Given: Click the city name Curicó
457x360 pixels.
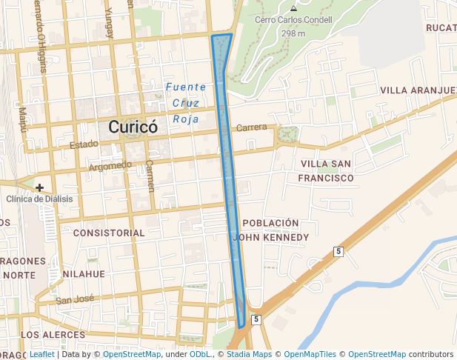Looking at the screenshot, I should tap(133, 127).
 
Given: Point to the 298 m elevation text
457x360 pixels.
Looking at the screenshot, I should tap(293, 33).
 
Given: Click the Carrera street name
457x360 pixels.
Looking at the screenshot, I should tap(251, 127).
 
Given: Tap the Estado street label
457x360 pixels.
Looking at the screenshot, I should tap(84, 145).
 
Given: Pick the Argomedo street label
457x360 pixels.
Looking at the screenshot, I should tap(110, 165).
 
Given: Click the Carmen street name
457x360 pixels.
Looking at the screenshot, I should tap(150, 175).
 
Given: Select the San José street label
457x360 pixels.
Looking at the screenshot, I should tap(75, 300).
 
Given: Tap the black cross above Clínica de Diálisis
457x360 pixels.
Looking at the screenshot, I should tap(39, 187).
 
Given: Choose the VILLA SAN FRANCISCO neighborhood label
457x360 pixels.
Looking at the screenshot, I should tap(326, 170).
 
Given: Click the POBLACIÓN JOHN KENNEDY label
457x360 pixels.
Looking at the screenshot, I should tap(270, 230).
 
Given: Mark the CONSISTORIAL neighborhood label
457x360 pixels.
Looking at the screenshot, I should tap(109, 233).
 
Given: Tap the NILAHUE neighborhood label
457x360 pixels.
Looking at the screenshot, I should tap(84, 273).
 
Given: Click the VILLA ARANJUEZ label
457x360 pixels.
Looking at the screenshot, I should tap(418, 90).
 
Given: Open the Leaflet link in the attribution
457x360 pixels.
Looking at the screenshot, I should tap(41, 354).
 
